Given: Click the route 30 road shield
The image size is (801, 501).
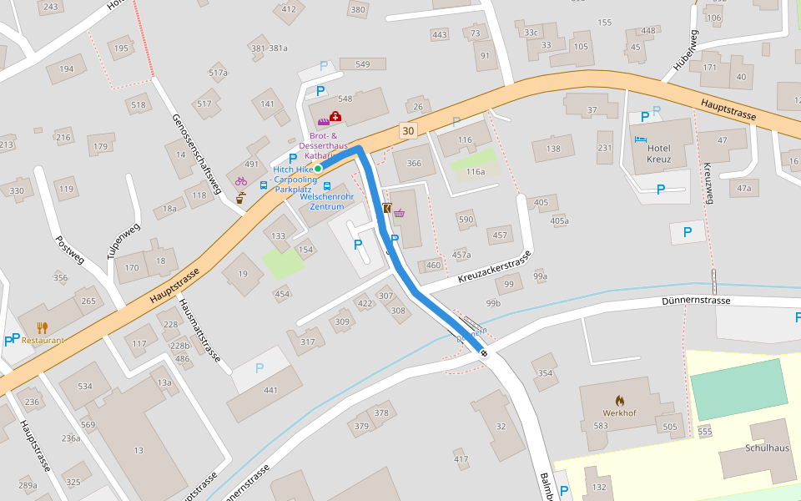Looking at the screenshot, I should tap(407, 131).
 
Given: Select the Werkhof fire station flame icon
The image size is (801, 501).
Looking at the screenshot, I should tap(619, 401).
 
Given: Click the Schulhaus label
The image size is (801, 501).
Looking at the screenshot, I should tap(767, 448).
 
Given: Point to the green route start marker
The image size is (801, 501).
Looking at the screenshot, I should tap(318, 169).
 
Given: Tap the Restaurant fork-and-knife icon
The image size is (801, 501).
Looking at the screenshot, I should tap(43, 328).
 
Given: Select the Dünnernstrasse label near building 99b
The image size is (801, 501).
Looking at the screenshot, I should tap(696, 301).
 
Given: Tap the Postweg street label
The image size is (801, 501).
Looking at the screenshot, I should tap(70, 249).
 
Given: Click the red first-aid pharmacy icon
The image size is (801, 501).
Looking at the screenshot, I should tap(335, 117).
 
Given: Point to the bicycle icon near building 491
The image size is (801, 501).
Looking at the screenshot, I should tap(241, 180).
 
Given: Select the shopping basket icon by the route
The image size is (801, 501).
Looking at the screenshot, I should tap(400, 213).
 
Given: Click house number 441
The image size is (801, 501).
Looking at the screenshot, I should tap(270, 391).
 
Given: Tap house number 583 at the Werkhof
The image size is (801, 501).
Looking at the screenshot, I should tap(600, 426).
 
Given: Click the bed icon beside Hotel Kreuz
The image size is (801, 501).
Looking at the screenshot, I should tap(640, 139).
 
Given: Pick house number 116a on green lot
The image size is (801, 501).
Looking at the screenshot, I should tap(476, 171).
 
